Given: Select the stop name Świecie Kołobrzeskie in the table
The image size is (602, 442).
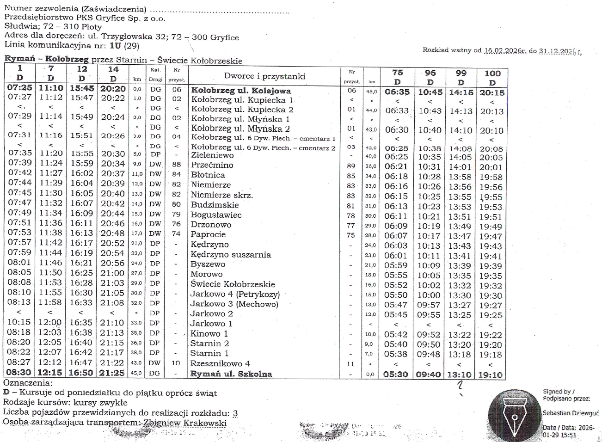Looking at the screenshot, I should click(x=233, y=284).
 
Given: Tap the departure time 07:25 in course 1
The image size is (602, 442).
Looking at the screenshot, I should click(x=20, y=87).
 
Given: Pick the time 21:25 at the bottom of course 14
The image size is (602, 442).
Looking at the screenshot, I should click(x=113, y=373).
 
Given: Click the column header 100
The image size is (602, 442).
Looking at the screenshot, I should click(x=492, y=73).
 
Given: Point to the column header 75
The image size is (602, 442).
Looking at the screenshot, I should click(x=397, y=73).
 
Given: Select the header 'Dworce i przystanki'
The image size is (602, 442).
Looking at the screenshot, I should click(x=264, y=76).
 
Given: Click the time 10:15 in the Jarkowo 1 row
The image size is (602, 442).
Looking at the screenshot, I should click(x=19, y=322).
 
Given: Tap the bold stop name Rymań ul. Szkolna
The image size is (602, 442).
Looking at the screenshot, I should click(x=231, y=374).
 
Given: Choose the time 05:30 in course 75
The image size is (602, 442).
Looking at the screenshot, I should click(x=396, y=374).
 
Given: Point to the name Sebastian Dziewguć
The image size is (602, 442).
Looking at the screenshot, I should click(x=571, y=413).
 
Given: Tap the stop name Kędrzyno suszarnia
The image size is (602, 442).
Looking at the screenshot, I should click(x=231, y=254).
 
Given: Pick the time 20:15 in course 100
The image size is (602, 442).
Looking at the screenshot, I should click(x=492, y=92).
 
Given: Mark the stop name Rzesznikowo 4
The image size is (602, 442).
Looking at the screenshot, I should click(x=220, y=363).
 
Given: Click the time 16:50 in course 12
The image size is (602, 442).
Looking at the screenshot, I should click(x=81, y=373).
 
